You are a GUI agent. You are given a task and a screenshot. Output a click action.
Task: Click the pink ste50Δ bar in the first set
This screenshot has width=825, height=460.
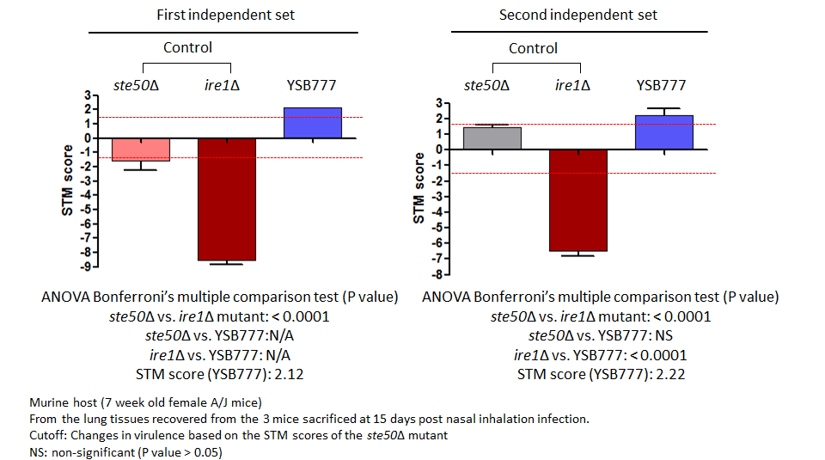[141, 150]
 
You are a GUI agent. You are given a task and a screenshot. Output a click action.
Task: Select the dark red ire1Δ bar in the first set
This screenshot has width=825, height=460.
[227, 199]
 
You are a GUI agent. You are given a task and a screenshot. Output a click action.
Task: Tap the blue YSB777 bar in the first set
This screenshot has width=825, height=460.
[313, 123]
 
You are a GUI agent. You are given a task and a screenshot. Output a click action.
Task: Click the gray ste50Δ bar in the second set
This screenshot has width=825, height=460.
[492, 138]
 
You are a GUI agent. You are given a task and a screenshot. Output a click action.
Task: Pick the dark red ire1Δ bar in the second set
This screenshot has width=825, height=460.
[578, 200]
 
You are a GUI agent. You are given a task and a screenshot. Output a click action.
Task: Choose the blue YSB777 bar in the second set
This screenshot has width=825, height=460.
[664, 132]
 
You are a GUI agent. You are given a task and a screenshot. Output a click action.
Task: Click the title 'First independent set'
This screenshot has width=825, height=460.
[226, 15]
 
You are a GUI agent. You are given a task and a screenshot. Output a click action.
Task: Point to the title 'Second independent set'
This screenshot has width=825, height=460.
[578, 15]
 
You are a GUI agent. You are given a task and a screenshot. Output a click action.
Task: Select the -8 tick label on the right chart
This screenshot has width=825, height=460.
[436, 274]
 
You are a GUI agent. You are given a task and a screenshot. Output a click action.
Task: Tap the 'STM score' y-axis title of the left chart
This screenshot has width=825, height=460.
[67, 180]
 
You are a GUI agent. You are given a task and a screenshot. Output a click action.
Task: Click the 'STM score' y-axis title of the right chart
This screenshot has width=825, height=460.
[419, 188]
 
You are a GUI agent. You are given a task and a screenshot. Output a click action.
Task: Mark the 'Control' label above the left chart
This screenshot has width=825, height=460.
[188, 47]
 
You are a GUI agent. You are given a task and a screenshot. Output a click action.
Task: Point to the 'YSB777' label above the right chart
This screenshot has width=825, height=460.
[662, 85]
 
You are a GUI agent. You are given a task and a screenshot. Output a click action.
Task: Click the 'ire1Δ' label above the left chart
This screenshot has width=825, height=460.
[222, 85]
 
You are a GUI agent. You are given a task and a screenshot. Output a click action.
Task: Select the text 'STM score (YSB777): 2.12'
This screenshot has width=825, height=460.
[220, 374]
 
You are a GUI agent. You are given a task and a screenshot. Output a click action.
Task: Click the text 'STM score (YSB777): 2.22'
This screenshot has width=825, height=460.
[602, 374]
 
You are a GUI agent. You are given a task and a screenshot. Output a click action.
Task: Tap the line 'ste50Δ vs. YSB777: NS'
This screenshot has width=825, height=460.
[601, 336]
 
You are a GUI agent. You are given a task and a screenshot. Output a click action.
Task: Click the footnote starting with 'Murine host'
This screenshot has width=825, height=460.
[146, 402]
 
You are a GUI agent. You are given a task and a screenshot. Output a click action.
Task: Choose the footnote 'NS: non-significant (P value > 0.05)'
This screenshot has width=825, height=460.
[125, 452]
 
